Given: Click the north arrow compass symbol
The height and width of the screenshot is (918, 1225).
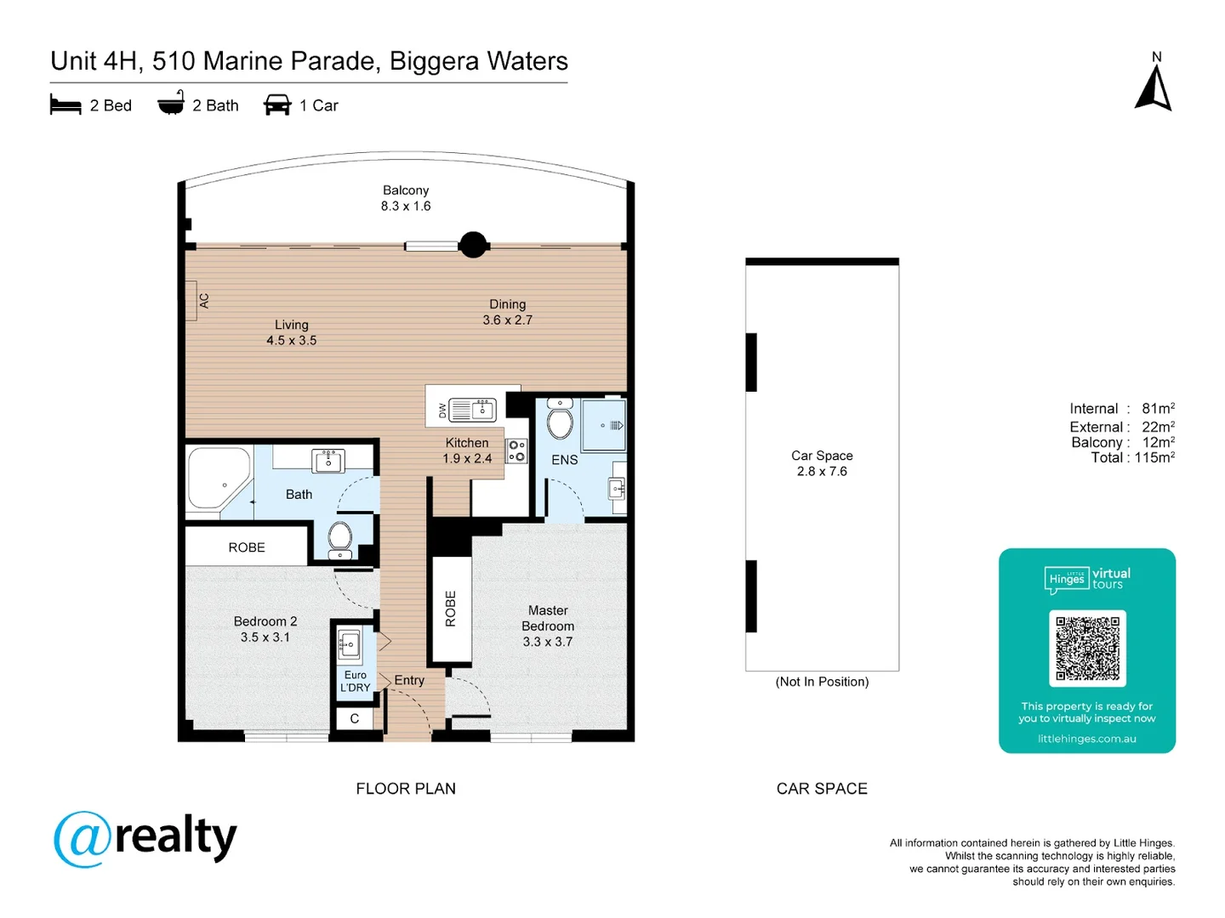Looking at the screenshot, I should (1154, 88).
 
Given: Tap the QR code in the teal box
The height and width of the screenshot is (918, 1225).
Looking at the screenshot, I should (1087, 648).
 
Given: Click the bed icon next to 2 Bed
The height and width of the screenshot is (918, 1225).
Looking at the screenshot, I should (66, 105).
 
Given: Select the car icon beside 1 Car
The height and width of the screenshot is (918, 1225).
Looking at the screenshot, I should (277, 105).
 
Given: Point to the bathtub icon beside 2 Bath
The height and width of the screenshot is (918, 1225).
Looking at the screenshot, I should (171, 104).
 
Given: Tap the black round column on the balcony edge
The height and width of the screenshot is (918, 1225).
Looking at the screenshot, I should (473, 245).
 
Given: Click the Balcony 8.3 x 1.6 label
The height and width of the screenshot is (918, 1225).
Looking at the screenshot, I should (406, 198).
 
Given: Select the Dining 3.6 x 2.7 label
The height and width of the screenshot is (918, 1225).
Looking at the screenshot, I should (507, 312).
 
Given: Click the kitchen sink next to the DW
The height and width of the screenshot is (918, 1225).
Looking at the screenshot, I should (472, 410).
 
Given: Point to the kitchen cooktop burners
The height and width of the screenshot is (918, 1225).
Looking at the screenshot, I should (516, 450).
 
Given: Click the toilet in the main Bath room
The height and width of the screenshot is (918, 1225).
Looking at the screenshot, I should (340, 538).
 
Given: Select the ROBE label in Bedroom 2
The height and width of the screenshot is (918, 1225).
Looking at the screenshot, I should (247, 547).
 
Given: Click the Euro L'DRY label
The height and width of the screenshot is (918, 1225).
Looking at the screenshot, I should (355, 681).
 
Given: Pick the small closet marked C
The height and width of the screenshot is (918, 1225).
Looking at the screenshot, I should (355, 718).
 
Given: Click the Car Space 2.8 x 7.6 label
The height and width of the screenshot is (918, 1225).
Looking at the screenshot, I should (822, 463).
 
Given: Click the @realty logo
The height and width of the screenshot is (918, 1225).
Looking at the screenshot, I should (145, 838).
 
